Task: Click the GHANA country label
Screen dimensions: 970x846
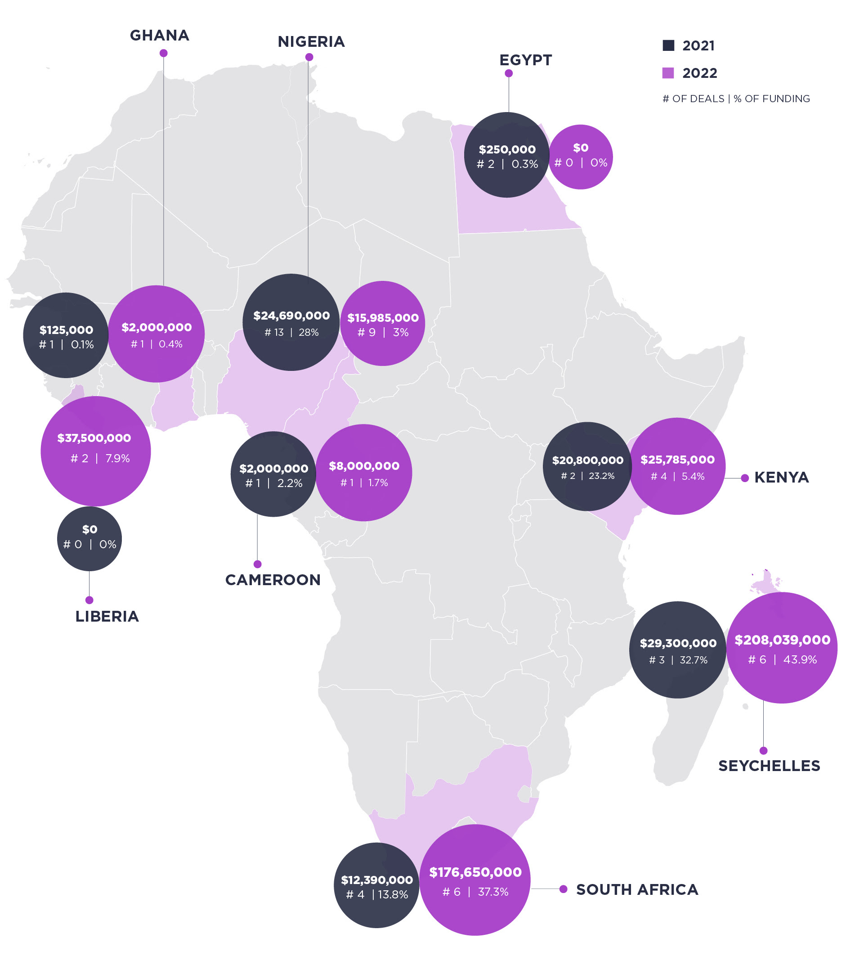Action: click(x=160, y=36)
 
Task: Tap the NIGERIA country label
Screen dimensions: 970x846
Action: click(x=311, y=41)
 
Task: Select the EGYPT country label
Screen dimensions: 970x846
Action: click(x=525, y=60)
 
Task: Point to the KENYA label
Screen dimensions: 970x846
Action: click(x=781, y=477)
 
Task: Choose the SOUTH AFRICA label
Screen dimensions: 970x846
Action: click(x=637, y=889)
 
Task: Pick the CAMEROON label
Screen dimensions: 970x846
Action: click(x=273, y=580)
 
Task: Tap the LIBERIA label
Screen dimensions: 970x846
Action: click(x=107, y=616)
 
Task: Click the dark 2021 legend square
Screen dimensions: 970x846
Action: click(x=668, y=45)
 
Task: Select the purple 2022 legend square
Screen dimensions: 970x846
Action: click(x=668, y=73)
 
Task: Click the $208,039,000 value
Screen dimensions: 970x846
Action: click(x=782, y=640)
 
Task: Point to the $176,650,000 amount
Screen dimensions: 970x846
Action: click(x=475, y=872)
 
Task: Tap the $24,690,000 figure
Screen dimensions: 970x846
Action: click(x=291, y=316)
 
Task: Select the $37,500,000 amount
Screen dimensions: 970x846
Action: click(x=94, y=438)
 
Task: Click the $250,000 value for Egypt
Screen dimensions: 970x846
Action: click(x=507, y=149)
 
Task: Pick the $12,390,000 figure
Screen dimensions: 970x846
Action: click(x=377, y=880)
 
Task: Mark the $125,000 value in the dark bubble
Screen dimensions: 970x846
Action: click(x=66, y=330)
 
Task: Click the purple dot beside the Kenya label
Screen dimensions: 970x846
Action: click(x=745, y=478)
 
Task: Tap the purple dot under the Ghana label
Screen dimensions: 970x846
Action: click(x=163, y=54)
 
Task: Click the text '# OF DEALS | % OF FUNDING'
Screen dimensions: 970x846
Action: click(x=736, y=99)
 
